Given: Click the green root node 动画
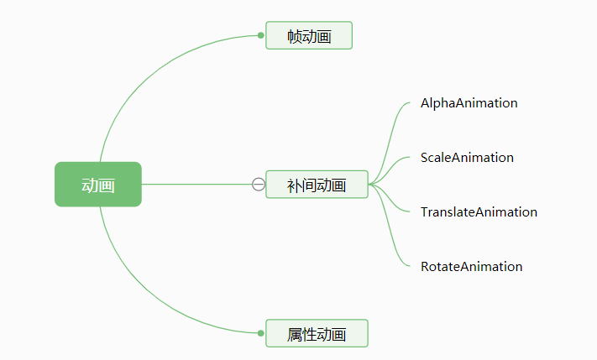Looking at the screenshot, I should pos(98,184).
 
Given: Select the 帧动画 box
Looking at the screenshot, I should pos(309,35).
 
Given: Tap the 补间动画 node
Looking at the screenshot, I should pos(317,185).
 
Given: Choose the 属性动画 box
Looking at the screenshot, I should pos(317,334).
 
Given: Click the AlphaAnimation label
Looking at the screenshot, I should pos(469,103).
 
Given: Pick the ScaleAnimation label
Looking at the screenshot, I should pos(467,158).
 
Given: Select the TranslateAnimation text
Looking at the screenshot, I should pos(479,212).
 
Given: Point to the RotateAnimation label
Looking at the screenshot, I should pos(471,267).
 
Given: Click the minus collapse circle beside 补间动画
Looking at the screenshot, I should pos(259,185).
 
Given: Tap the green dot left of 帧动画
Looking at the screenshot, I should pos(261,35).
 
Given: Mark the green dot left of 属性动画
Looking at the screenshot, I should pos(261,333).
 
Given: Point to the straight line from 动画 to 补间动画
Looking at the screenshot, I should pos(197,184).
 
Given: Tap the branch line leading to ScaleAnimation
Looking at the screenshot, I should pos(395,165).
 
